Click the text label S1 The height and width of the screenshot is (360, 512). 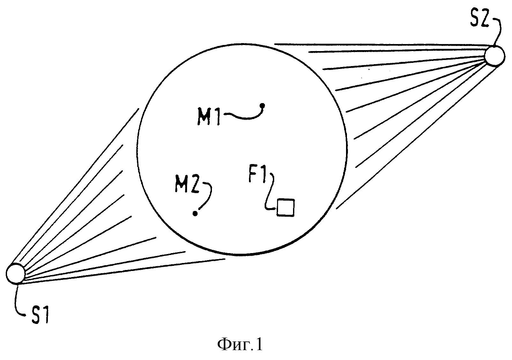40,315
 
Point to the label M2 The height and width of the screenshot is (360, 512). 187,184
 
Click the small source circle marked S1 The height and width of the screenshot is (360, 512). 15,274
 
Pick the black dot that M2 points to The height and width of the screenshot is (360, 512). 195,214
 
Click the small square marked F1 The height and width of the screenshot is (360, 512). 285,207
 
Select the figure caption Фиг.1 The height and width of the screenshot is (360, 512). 240,345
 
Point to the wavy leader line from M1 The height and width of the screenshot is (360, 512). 244,118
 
